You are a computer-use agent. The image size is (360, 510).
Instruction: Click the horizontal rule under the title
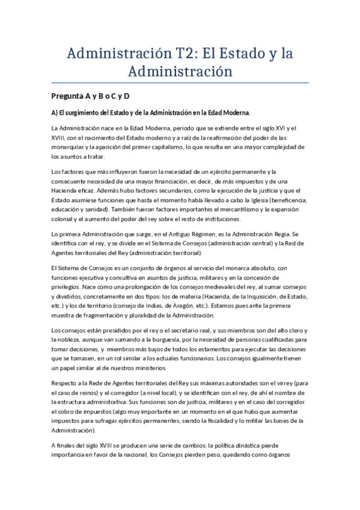180,82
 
